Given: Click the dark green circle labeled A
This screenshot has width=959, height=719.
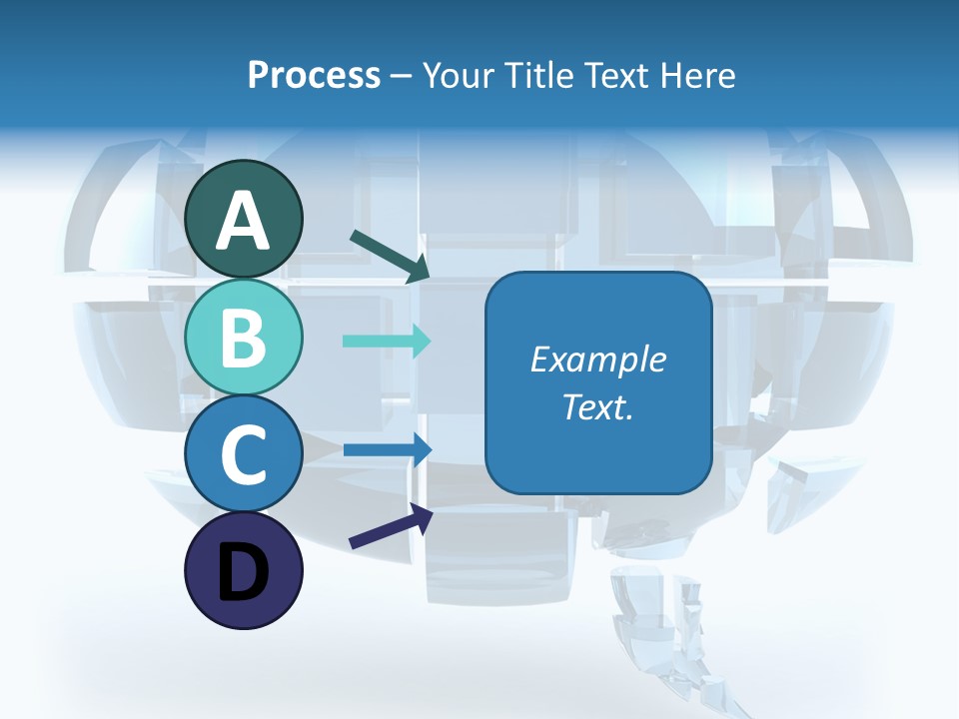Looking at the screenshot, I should [243, 219].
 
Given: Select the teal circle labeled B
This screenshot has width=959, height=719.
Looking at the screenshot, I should [243, 337].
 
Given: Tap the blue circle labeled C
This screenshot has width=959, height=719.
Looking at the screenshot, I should [243, 454].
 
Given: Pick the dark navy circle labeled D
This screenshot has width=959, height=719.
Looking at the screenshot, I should [243, 571].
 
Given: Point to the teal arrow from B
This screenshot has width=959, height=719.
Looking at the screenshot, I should [387, 341].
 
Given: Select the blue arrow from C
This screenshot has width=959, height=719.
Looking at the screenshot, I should [387, 448].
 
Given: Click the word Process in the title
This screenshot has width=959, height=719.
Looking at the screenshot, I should [314, 76].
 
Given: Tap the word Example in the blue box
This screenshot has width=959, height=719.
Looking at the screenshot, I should [597, 359].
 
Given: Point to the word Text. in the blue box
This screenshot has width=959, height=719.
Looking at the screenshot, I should [597, 406].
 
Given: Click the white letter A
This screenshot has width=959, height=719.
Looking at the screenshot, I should [243, 221].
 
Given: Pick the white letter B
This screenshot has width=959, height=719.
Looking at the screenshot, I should [243, 338].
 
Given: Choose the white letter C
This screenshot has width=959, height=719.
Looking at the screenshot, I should [243, 455].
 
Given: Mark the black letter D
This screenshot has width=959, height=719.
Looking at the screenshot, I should [243, 572].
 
